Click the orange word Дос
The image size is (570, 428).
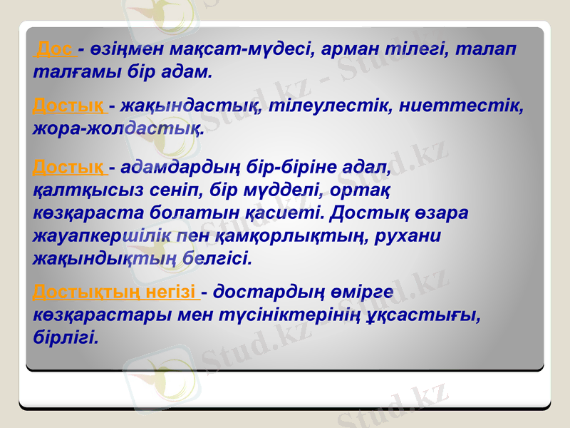pyautogui.click(x=56, y=49)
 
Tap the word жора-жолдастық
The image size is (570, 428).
pyautogui.click(x=118, y=129)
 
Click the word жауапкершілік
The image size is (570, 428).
pyautogui.click(x=101, y=235)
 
